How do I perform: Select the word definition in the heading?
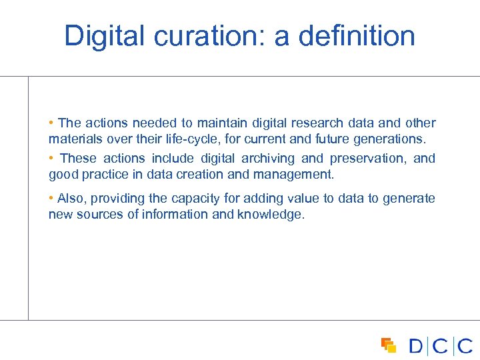click(357, 36)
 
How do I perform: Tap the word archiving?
click(268, 159)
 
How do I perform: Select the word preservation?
click(368, 159)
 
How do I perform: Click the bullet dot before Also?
click(51, 199)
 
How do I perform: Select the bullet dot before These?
click(51, 159)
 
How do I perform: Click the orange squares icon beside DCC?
click(389, 345)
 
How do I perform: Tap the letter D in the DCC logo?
click(417, 346)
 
